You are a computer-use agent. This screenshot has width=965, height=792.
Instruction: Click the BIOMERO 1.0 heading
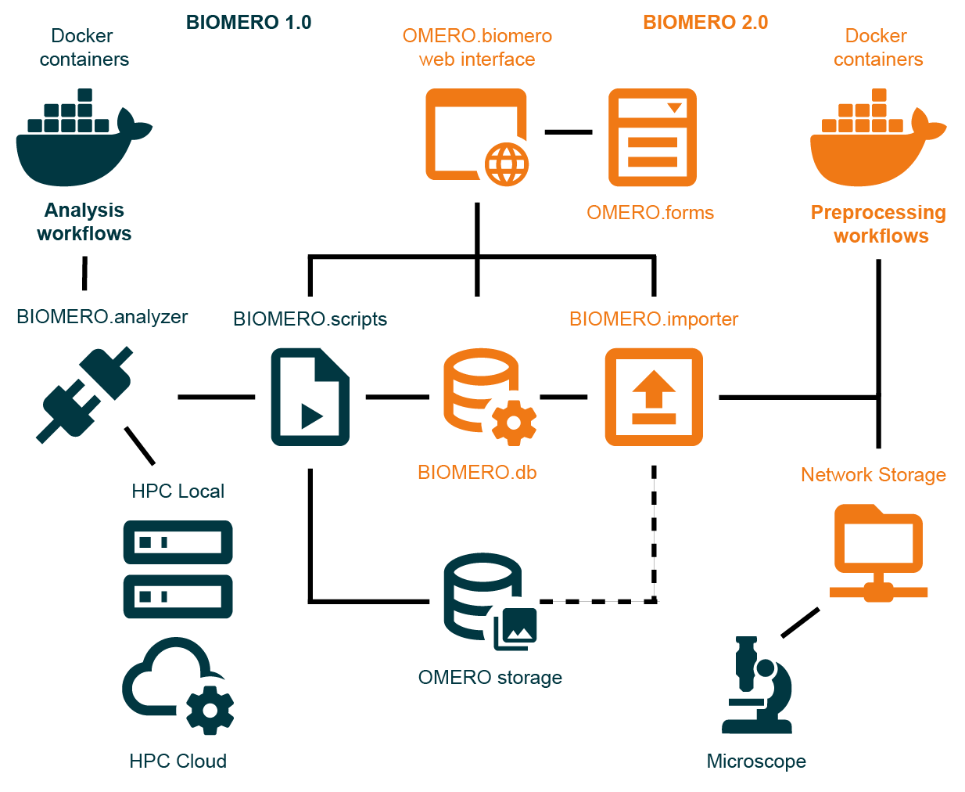coord(249,23)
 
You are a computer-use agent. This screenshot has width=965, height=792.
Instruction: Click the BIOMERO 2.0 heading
coord(705,23)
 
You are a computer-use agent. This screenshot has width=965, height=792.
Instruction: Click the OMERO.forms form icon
coord(652,137)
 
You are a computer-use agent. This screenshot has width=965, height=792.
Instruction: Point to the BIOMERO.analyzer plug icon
coord(84,395)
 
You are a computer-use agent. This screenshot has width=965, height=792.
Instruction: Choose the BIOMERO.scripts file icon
coord(310,397)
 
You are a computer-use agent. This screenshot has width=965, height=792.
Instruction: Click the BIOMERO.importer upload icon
coord(654,397)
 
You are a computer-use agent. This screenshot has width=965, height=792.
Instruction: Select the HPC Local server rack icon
coord(178,569)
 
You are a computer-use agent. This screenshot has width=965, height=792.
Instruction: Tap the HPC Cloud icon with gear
coord(178,684)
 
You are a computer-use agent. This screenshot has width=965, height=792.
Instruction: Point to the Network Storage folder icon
coord(878,552)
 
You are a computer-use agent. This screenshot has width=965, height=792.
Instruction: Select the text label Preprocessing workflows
coord(878,225)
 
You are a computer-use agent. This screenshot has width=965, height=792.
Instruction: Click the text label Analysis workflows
coord(84,222)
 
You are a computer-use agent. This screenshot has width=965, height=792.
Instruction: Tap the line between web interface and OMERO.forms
coord(569,132)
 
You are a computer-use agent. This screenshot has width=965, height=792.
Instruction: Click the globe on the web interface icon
coord(507,164)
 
